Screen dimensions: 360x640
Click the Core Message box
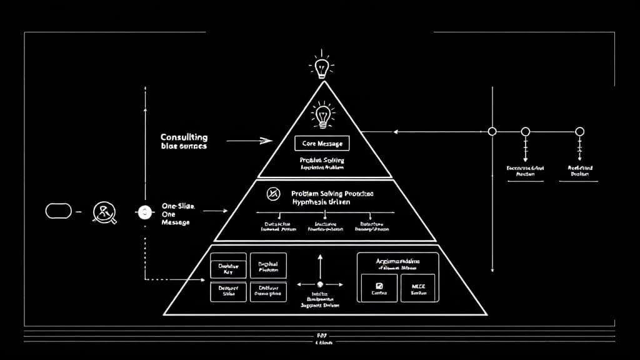coord(322,144)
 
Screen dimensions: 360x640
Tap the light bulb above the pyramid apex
coord(322,67)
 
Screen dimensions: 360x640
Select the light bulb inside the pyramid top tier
coord(322,115)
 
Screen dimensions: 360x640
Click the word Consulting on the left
coord(184,137)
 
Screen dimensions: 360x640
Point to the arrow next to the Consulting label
coord(249,141)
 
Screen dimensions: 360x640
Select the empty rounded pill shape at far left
coord(59,211)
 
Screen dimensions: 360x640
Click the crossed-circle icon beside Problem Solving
coord(273,194)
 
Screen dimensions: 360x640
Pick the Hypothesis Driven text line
coord(321,202)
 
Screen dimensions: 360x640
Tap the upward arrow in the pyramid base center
coord(320,265)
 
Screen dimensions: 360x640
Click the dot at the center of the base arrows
coord(320,284)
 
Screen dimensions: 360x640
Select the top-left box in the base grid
coord(228,266)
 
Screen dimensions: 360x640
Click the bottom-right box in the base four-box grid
coord(268,292)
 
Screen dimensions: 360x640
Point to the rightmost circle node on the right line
coord(580,131)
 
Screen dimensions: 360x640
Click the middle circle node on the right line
coord(526,131)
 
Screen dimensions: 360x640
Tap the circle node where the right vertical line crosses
coord(492,131)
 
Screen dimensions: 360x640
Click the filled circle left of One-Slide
coord(144,212)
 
